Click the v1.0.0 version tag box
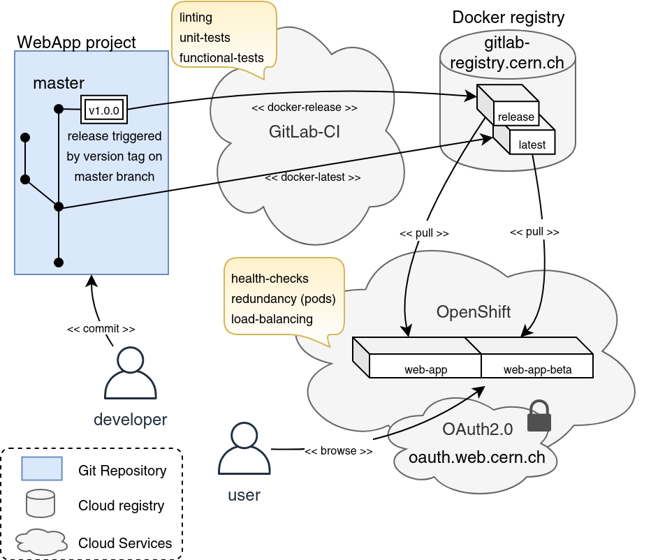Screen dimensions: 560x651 (x=104, y=110)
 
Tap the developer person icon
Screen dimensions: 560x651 (x=130, y=374)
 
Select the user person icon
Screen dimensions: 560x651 (x=244, y=449)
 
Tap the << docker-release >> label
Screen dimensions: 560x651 (x=304, y=108)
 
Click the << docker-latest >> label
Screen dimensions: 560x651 (x=313, y=177)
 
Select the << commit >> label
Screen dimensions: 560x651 (x=101, y=328)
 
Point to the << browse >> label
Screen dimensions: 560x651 (x=338, y=451)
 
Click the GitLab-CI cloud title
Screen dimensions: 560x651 (x=304, y=132)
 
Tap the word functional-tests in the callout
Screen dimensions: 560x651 (x=221, y=57)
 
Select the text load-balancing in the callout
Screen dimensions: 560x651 (x=272, y=318)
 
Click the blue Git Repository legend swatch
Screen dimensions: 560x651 (x=42, y=469)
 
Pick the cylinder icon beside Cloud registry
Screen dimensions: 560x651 (x=41, y=504)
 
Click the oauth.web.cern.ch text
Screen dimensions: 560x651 (x=476, y=458)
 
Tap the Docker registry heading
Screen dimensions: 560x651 (x=508, y=17)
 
